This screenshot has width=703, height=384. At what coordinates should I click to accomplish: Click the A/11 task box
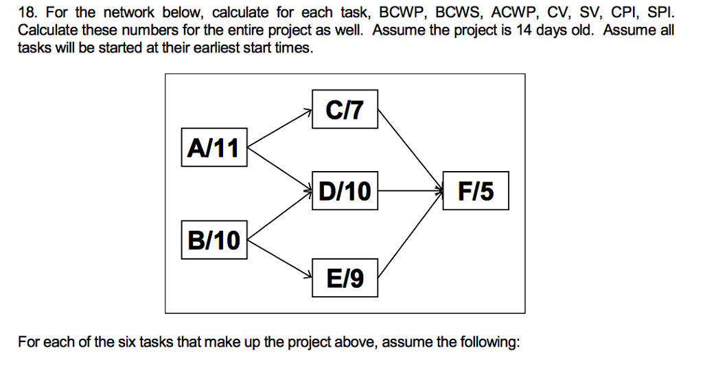tap(214, 147)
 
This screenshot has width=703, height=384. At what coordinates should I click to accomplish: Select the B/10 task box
tap(214, 240)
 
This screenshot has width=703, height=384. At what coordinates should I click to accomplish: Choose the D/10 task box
tap(345, 190)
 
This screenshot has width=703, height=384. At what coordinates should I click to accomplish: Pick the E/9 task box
tap(345, 278)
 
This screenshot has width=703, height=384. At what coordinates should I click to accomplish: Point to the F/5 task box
tap(476, 190)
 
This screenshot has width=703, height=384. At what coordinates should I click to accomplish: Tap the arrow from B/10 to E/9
tap(280, 258)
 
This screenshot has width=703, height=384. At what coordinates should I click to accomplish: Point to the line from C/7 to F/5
tap(409, 148)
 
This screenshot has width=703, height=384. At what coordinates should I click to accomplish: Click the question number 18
tap(27, 12)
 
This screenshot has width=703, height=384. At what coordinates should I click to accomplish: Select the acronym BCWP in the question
tap(401, 12)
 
